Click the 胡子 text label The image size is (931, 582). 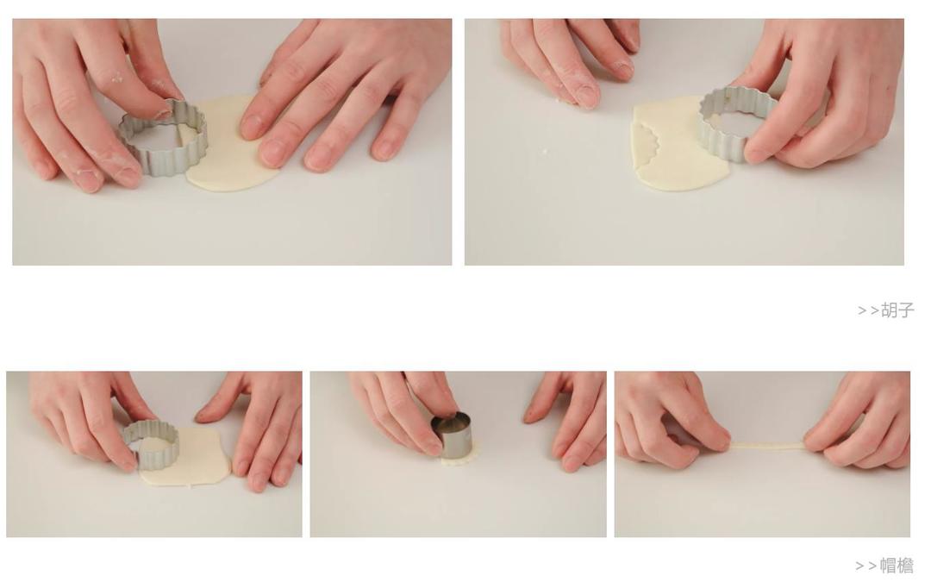[897, 310]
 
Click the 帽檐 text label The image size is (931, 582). [897, 566]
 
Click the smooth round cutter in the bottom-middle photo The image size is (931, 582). [451, 435]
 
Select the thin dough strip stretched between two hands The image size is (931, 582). [766, 447]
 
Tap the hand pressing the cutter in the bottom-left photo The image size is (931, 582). [89, 416]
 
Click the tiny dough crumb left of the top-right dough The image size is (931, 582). [545, 153]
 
